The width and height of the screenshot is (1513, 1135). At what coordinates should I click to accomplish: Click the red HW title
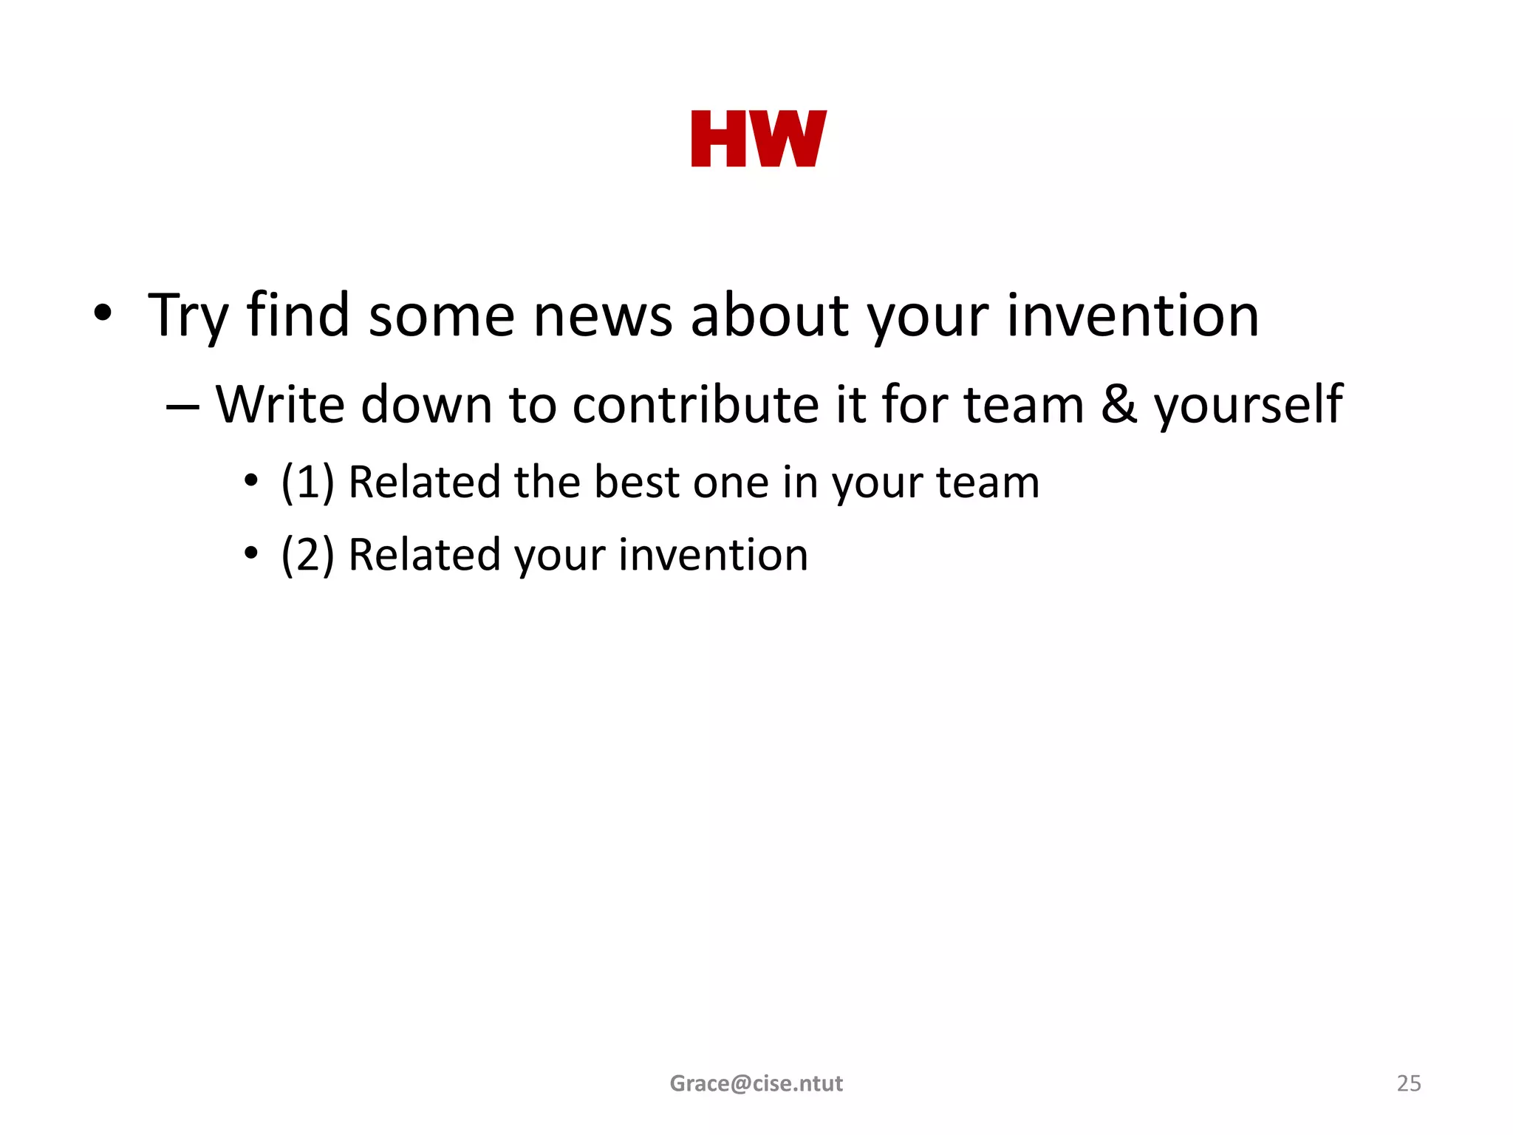(x=759, y=139)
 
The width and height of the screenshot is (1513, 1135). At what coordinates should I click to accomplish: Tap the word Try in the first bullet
(x=188, y=316)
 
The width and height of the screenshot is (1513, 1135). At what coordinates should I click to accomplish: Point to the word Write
(x=280, y=405)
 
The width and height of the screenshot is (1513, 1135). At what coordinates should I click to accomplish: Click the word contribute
(x=695, y=405)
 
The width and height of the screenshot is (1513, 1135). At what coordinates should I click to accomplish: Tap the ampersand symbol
(x=1118, y=405)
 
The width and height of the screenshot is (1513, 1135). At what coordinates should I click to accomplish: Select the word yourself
(x=1248, y=405)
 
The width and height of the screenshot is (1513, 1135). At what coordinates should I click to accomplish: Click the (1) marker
(x=307, y=483)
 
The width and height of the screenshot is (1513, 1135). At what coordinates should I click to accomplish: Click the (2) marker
(x=307, y=555)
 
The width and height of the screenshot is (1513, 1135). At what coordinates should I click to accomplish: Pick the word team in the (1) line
(x=988, y=483)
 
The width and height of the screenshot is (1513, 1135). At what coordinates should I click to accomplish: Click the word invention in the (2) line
(x=713, y=555)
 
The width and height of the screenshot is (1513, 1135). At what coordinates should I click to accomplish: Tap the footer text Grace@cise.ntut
(x=756, y=1083)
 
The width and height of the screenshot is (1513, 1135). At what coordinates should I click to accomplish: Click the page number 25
(x=1408, y=1083)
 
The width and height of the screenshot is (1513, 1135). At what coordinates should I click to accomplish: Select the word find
(x=298, y=316)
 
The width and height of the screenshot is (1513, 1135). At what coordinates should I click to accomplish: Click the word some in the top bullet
(x=441, y=316)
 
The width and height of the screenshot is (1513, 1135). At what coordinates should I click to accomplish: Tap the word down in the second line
(x=426, y=405)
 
